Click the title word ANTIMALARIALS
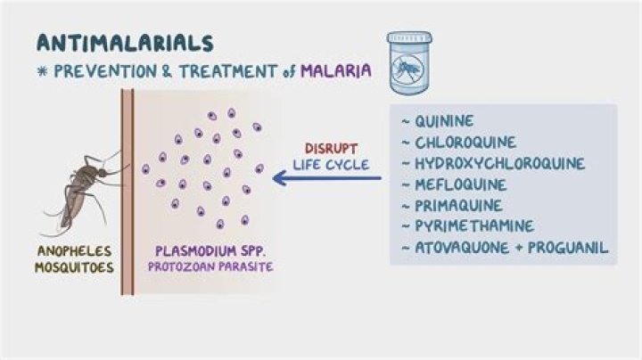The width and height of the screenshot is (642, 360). click(x=124, y=42)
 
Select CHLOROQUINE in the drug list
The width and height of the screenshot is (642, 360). click(x=464, y=143)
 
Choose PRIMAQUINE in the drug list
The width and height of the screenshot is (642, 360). click(x=459, y=206)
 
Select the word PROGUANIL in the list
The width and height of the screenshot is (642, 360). click(x=570, y=248)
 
